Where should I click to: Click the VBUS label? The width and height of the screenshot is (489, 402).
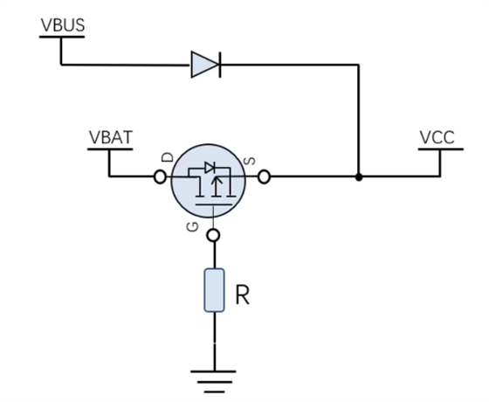(63, 25)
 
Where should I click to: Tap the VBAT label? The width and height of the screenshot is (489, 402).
(111, 137)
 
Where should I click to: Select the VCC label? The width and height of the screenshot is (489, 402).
(437, 137)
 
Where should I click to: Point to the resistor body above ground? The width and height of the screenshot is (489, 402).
(214, 290)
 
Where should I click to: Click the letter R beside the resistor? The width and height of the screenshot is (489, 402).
(243, 295)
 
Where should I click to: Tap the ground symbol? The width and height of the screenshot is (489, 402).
(214, 381)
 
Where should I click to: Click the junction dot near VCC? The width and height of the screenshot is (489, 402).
(359, 177)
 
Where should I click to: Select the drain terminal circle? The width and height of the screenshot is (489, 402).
(160, 177)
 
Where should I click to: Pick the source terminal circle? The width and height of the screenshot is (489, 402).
(264, 177)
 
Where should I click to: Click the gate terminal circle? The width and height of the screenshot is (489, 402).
(214, 235)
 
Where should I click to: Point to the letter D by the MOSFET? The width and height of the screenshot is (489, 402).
(168, 157)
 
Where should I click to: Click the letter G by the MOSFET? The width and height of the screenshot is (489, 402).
(193, 227)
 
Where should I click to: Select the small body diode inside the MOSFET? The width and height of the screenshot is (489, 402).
(209, 168)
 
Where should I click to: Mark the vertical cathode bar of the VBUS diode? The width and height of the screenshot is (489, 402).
(220, 65)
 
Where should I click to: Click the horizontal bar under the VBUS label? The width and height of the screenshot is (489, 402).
(62, 37)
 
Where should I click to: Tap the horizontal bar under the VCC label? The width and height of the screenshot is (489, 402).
(441, 149)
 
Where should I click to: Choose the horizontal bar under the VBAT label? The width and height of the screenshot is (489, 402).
(110, 149)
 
